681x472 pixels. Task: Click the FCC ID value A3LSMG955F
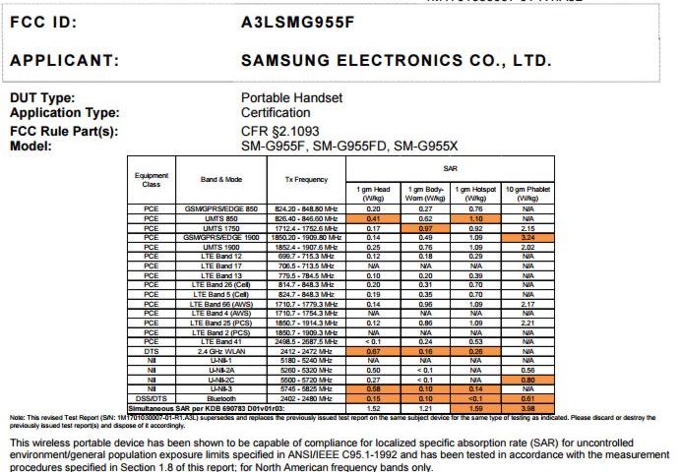tap(297, 22)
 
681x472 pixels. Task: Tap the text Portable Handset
tap(291, 98)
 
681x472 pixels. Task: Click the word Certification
tap(275, 113)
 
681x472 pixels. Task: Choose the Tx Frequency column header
tap(308, 179)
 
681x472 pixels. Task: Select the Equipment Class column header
tap(151, 179)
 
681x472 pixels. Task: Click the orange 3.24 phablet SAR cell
tap(522, 237)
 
